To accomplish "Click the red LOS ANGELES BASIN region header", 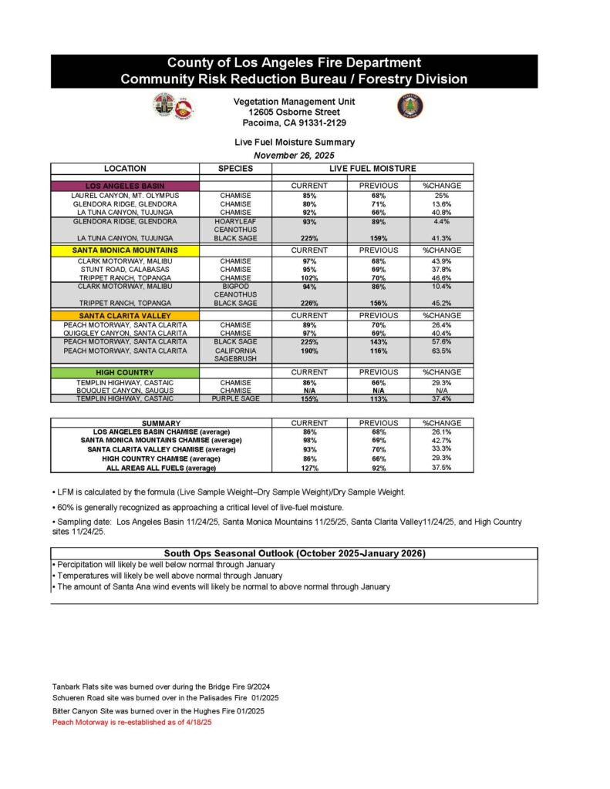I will (125, 186).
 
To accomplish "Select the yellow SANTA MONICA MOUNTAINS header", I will (125, 250).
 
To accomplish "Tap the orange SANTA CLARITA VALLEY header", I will (125, 315).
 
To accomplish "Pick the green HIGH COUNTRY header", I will (125, 372).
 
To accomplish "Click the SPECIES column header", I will (235, 169).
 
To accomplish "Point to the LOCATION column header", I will (125, 169).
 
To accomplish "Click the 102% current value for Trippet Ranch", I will (309, 277).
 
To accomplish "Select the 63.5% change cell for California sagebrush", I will (441, 351).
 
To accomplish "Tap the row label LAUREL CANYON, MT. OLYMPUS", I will (125, 196).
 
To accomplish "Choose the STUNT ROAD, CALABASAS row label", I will (125, 269).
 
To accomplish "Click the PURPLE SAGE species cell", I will (235, 398).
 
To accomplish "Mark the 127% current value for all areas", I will (309, 467).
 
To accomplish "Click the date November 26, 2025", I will (295, 155).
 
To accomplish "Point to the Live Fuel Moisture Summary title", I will (295, 143).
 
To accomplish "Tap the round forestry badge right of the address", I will (410, 106).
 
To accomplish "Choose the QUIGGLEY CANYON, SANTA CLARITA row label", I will (125, 333).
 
